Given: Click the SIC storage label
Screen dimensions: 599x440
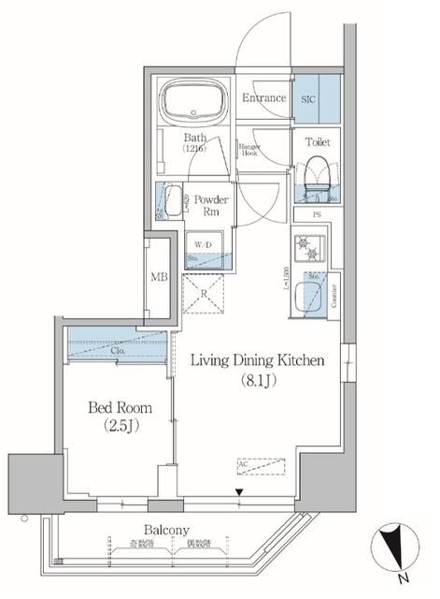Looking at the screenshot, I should point(309,97).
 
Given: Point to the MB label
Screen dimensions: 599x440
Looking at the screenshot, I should point(159,277).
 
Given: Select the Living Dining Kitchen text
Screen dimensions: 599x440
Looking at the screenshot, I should point(258,360).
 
